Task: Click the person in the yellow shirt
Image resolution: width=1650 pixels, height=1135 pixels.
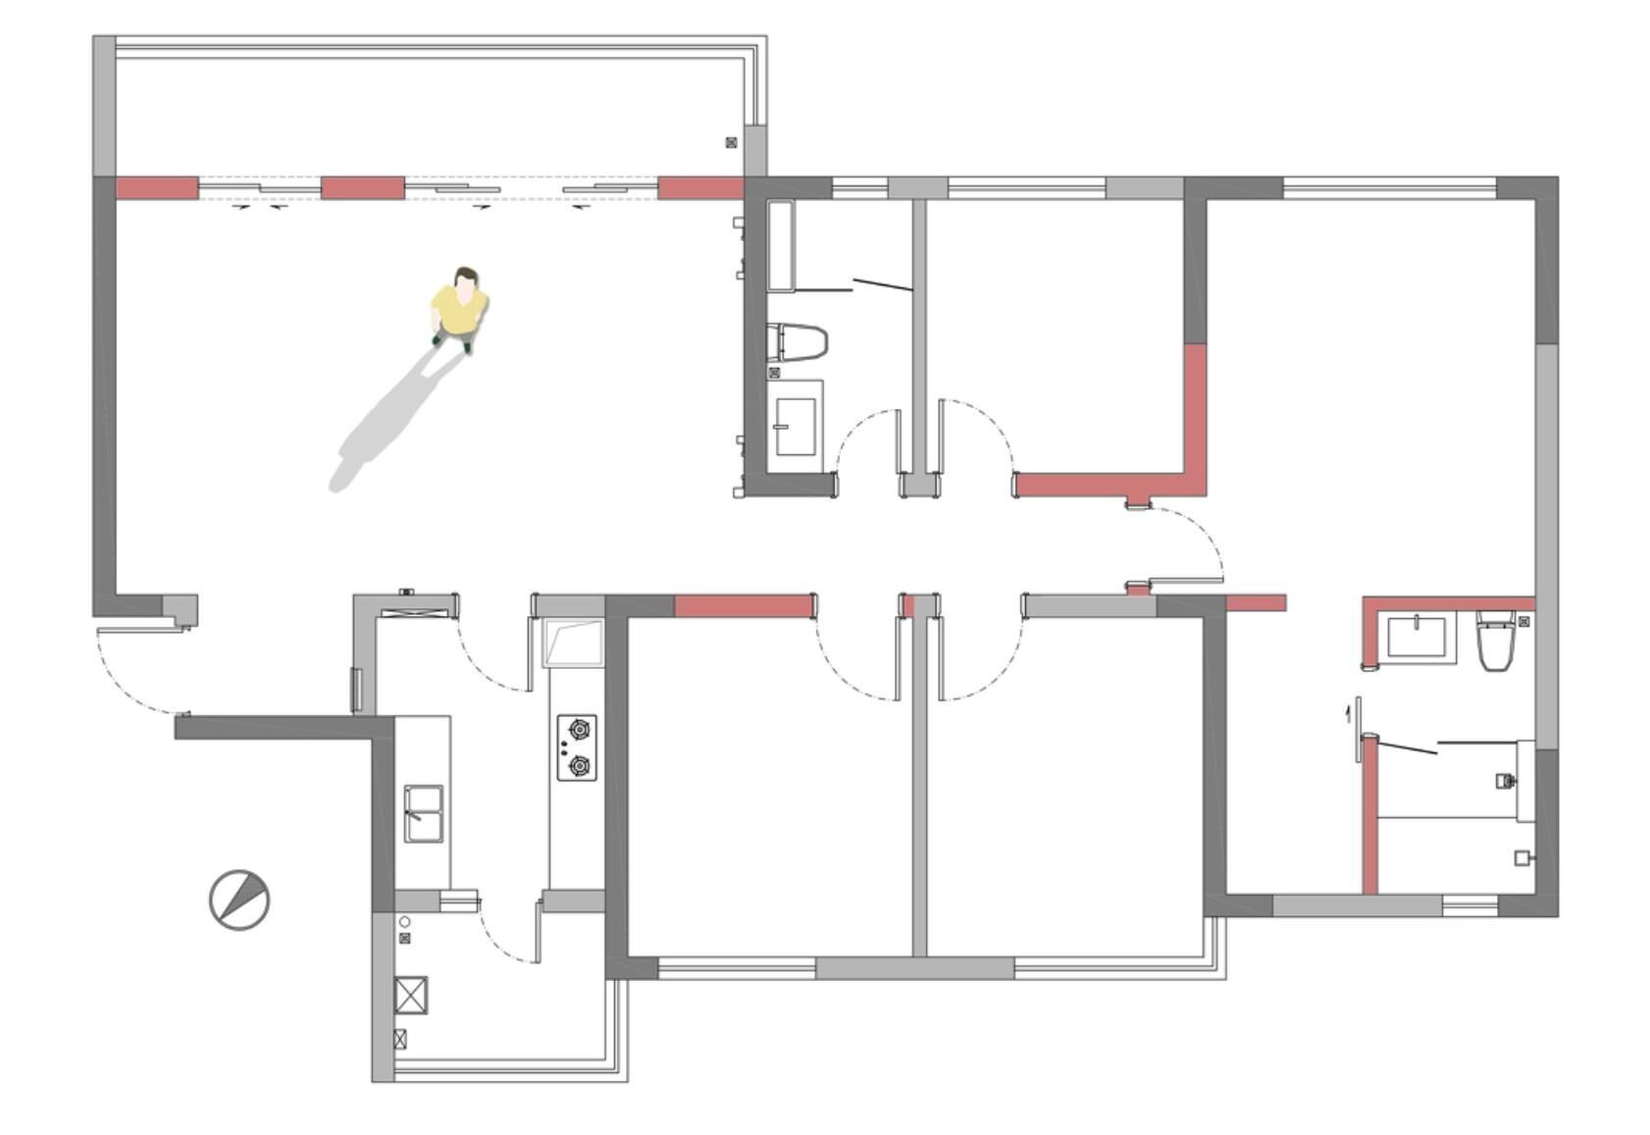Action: tap(459, 307)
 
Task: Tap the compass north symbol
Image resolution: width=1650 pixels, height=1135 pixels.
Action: tap(239, 899)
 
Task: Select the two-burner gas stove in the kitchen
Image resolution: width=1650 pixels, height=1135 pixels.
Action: tap(577, 748)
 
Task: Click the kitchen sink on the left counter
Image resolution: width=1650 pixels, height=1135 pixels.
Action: tap(424, 812)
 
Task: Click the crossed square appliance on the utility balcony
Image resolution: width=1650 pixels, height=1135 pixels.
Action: tap(411, 994)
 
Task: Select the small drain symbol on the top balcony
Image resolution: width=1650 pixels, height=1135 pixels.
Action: tap(731, 143)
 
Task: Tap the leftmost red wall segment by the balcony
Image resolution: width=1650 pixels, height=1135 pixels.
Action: tap(157, 188)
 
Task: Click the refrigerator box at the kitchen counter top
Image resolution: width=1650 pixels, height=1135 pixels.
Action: tap(573, 643)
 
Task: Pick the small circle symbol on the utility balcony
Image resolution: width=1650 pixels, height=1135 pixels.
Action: tap(404, 922)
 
